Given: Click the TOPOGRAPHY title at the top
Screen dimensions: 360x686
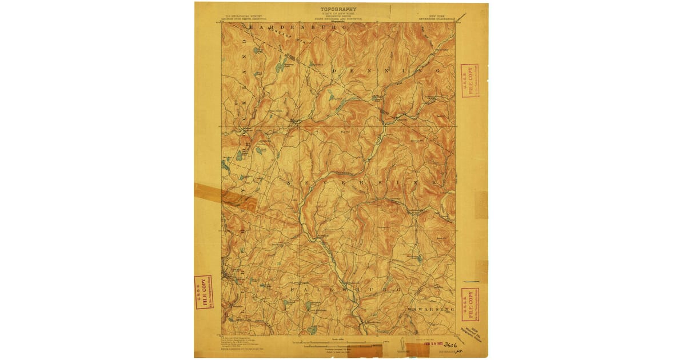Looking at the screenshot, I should click(x=338, y=9).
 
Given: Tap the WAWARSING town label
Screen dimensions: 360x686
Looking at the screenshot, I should click(x=431, y=309).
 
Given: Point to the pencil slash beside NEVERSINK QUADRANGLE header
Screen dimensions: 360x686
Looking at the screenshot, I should click(x=462, y=17).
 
